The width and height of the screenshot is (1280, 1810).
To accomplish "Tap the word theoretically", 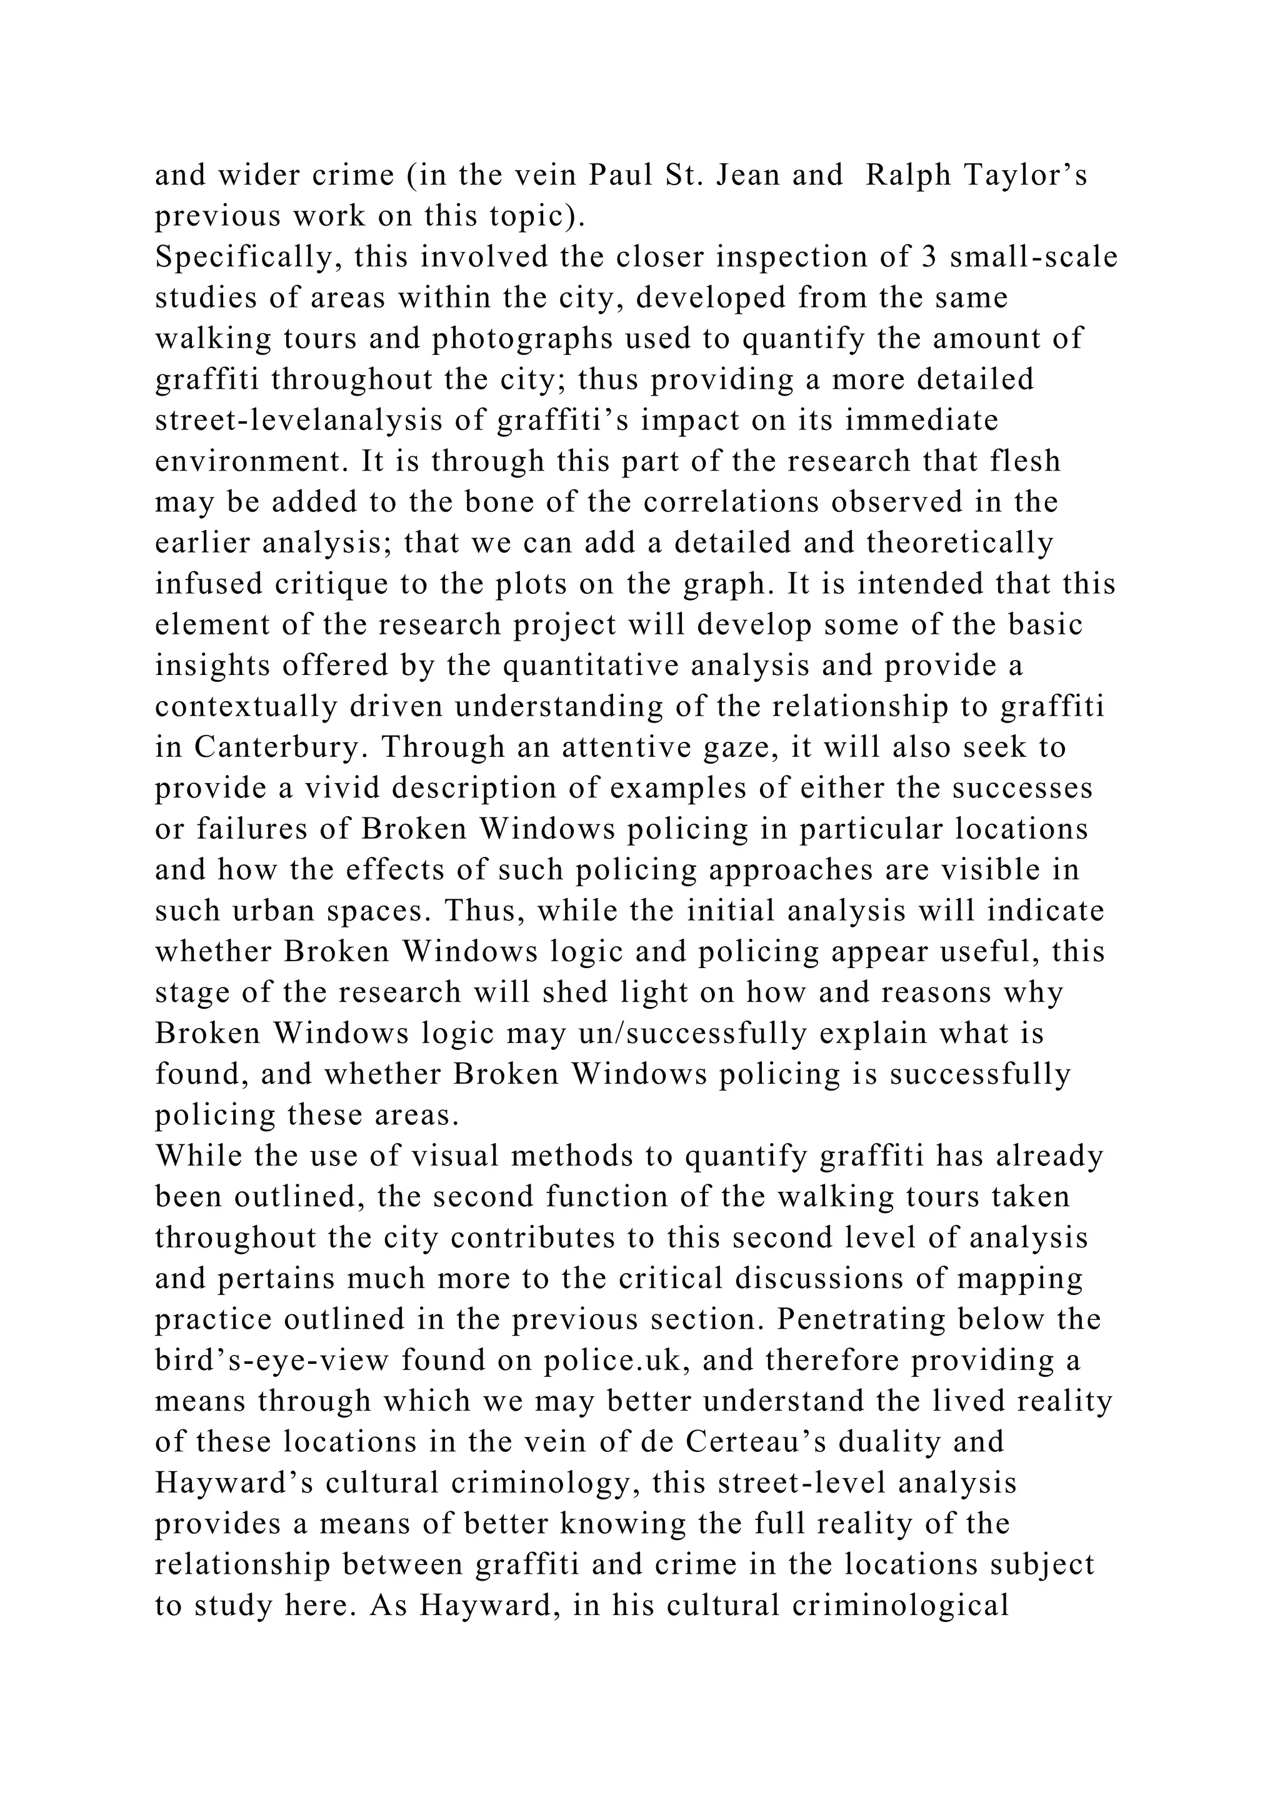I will [x=959, y=543].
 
